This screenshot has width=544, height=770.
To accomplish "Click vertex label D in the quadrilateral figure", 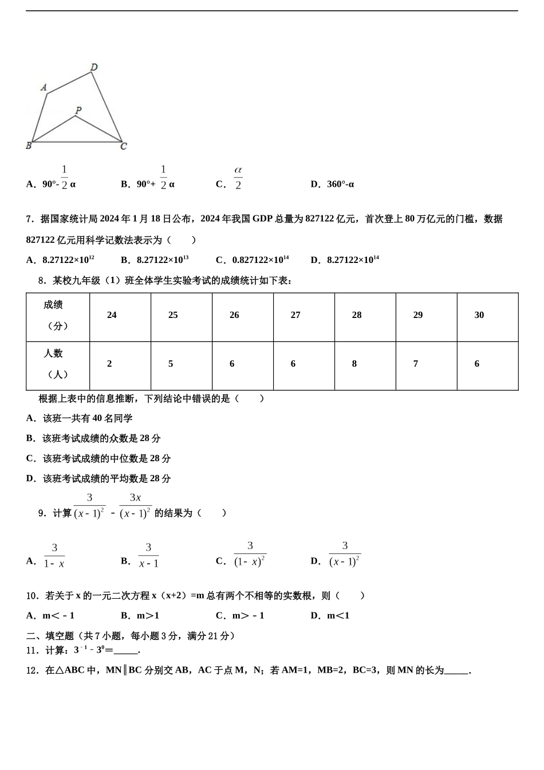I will [94, 67].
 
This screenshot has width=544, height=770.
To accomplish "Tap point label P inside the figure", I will [78, 110].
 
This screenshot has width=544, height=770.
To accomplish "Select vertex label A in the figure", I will [44, 87].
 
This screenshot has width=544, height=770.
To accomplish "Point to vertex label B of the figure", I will [29, 146].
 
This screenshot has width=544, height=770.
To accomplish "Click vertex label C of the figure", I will [123, 146].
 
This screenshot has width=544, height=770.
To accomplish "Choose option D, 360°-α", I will [332, 184].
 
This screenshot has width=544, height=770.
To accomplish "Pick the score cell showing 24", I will [112, 315].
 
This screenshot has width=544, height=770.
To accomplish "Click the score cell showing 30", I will [479, 315].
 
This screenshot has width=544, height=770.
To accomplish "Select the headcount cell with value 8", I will [354, 364].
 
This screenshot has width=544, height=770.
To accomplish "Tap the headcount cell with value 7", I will [416, 364].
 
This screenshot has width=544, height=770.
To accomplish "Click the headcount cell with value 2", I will [109, 364].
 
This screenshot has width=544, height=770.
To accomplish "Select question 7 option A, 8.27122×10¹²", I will [61, 260].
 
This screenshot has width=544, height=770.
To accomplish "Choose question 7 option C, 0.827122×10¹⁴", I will [252, 260].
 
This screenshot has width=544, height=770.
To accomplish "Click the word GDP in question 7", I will [262, 219].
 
